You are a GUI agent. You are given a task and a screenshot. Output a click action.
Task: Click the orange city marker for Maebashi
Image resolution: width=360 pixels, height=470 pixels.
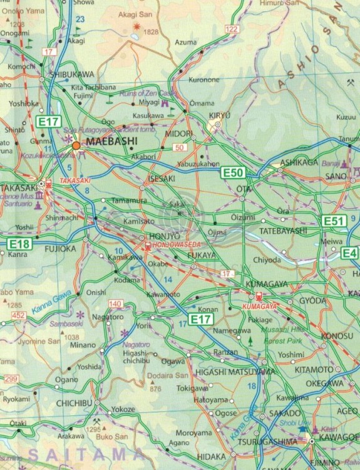click(76, 145)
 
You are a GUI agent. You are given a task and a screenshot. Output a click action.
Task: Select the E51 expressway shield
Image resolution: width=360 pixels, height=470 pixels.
click(332, 221)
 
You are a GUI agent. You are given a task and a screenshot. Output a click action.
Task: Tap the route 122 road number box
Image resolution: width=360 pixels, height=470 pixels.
click(232, 29)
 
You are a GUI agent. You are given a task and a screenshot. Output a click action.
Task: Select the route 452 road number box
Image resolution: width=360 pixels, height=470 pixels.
click(19, 315)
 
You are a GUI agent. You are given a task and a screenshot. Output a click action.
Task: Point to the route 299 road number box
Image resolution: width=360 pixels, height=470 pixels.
click(9, 379)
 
